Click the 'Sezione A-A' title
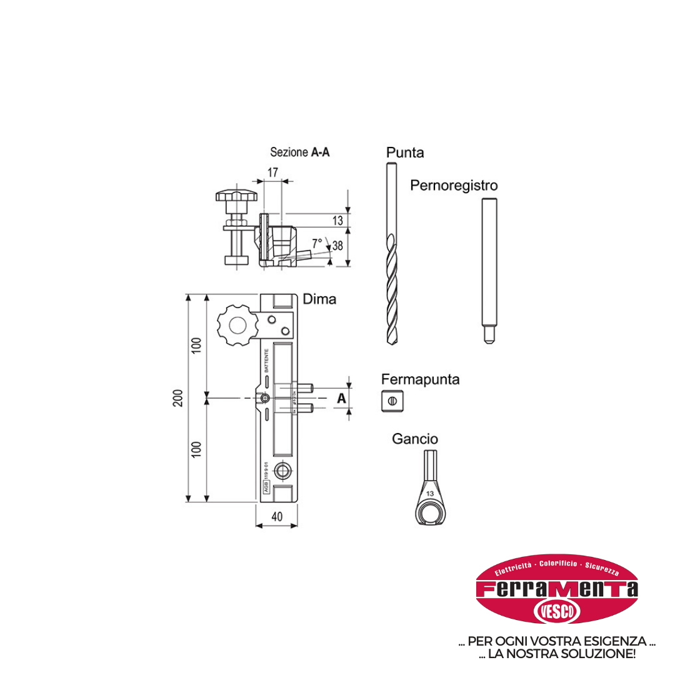(299, 152)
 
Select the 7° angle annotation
(317, 242)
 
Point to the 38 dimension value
(337, 246)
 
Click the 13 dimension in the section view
(337, 221)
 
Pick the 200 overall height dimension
(177, 397)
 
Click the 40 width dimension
(277, 516)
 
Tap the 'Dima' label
(319, 299)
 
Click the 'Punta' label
(404, 152)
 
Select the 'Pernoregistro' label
(454, 186)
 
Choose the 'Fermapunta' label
(420, 379)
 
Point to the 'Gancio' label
(415, 439)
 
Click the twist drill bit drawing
(391, 256)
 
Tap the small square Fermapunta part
(391, 401)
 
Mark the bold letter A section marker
(341, 398)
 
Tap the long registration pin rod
(489, 269)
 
